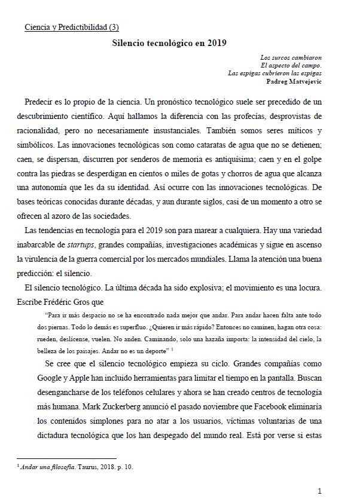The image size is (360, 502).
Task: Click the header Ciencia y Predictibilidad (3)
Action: (76, 27)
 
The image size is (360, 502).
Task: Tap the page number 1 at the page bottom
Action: (320, 491)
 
